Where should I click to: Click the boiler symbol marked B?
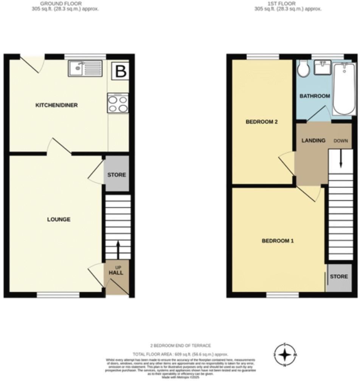coord(120,72)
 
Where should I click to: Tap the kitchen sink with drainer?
coord(85,69)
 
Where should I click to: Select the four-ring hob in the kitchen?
coord(118,104)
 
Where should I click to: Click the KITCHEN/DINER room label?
coord(56,105)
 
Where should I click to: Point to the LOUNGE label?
coord(59,219)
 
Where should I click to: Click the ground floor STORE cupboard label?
coord(116,175)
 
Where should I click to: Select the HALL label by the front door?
coord(116,273)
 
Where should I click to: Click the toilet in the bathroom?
coord(303,69)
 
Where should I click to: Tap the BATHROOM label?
coord(315,96)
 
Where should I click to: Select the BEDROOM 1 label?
coord(278,240)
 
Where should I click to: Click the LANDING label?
coord(313,141)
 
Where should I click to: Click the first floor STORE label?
coord(338,276)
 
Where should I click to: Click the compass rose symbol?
coord(285,355)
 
